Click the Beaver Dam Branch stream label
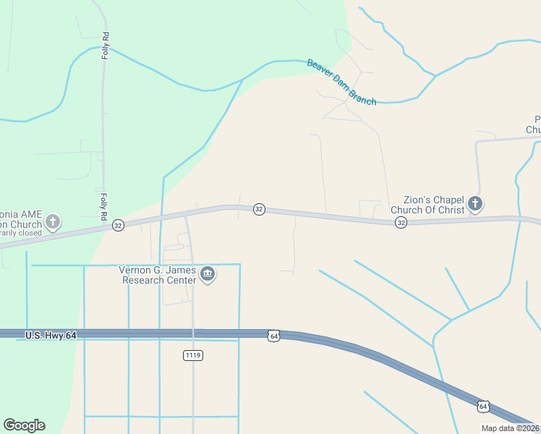coord(341,82)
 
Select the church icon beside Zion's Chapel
coord(475,204)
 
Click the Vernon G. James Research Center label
coord(158,275)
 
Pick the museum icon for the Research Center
coord(208,275)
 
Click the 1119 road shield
coord(193,355)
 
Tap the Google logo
coord(24,425)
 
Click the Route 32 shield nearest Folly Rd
coord(118,226)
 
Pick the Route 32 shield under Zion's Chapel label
coord(401,223)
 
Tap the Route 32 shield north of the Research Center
coord(259,209)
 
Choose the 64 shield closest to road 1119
coord(273,336)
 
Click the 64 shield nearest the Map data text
coord(483,407)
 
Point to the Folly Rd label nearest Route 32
coord(104,205)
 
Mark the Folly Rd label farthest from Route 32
coord(106,46)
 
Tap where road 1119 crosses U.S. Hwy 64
coord(193,334)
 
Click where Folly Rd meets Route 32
coord(103,229)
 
